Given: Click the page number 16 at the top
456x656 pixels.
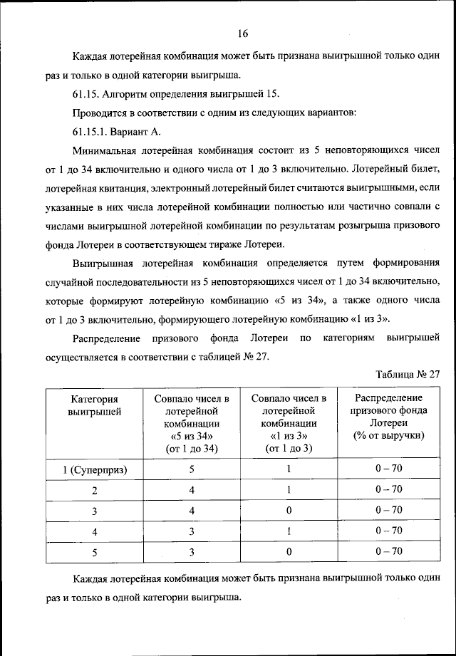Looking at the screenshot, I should tap(242, 33).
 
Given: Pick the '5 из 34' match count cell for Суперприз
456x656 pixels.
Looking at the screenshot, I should tap(192, 469).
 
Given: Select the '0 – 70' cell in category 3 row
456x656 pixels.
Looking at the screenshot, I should tap(388, 510).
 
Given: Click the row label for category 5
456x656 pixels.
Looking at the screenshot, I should tap(94, 551).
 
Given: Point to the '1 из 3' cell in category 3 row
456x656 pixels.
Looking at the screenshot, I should tap(289, 510).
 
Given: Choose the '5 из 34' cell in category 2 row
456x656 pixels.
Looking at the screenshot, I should tap(192, 489).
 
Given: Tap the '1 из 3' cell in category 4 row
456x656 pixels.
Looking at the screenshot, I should tap(289, 531).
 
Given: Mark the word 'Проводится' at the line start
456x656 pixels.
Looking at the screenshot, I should tap(99, 113).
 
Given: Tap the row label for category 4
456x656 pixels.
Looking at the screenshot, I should tap(94, 531).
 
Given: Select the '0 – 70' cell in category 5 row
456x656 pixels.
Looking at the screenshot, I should tap(388, 551).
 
